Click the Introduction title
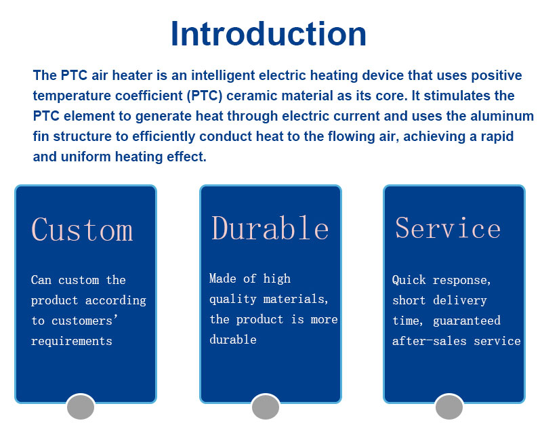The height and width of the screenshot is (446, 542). [268, 34]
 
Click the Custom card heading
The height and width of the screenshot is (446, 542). [82, 229]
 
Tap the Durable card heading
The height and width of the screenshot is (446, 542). [270, 228]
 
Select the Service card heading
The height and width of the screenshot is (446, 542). [448, 228]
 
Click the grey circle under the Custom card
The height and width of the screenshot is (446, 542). [81, 407]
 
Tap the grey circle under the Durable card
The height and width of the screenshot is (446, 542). [266, 407]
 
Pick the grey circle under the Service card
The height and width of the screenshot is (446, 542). [449, 407]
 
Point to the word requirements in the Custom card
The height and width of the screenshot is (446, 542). [72, 342]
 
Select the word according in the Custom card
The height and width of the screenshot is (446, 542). [116, 301]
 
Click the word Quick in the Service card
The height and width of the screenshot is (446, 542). [409, 280]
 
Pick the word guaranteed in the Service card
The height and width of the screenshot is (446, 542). [467, 321]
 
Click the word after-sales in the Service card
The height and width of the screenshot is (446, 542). [430, 342]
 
